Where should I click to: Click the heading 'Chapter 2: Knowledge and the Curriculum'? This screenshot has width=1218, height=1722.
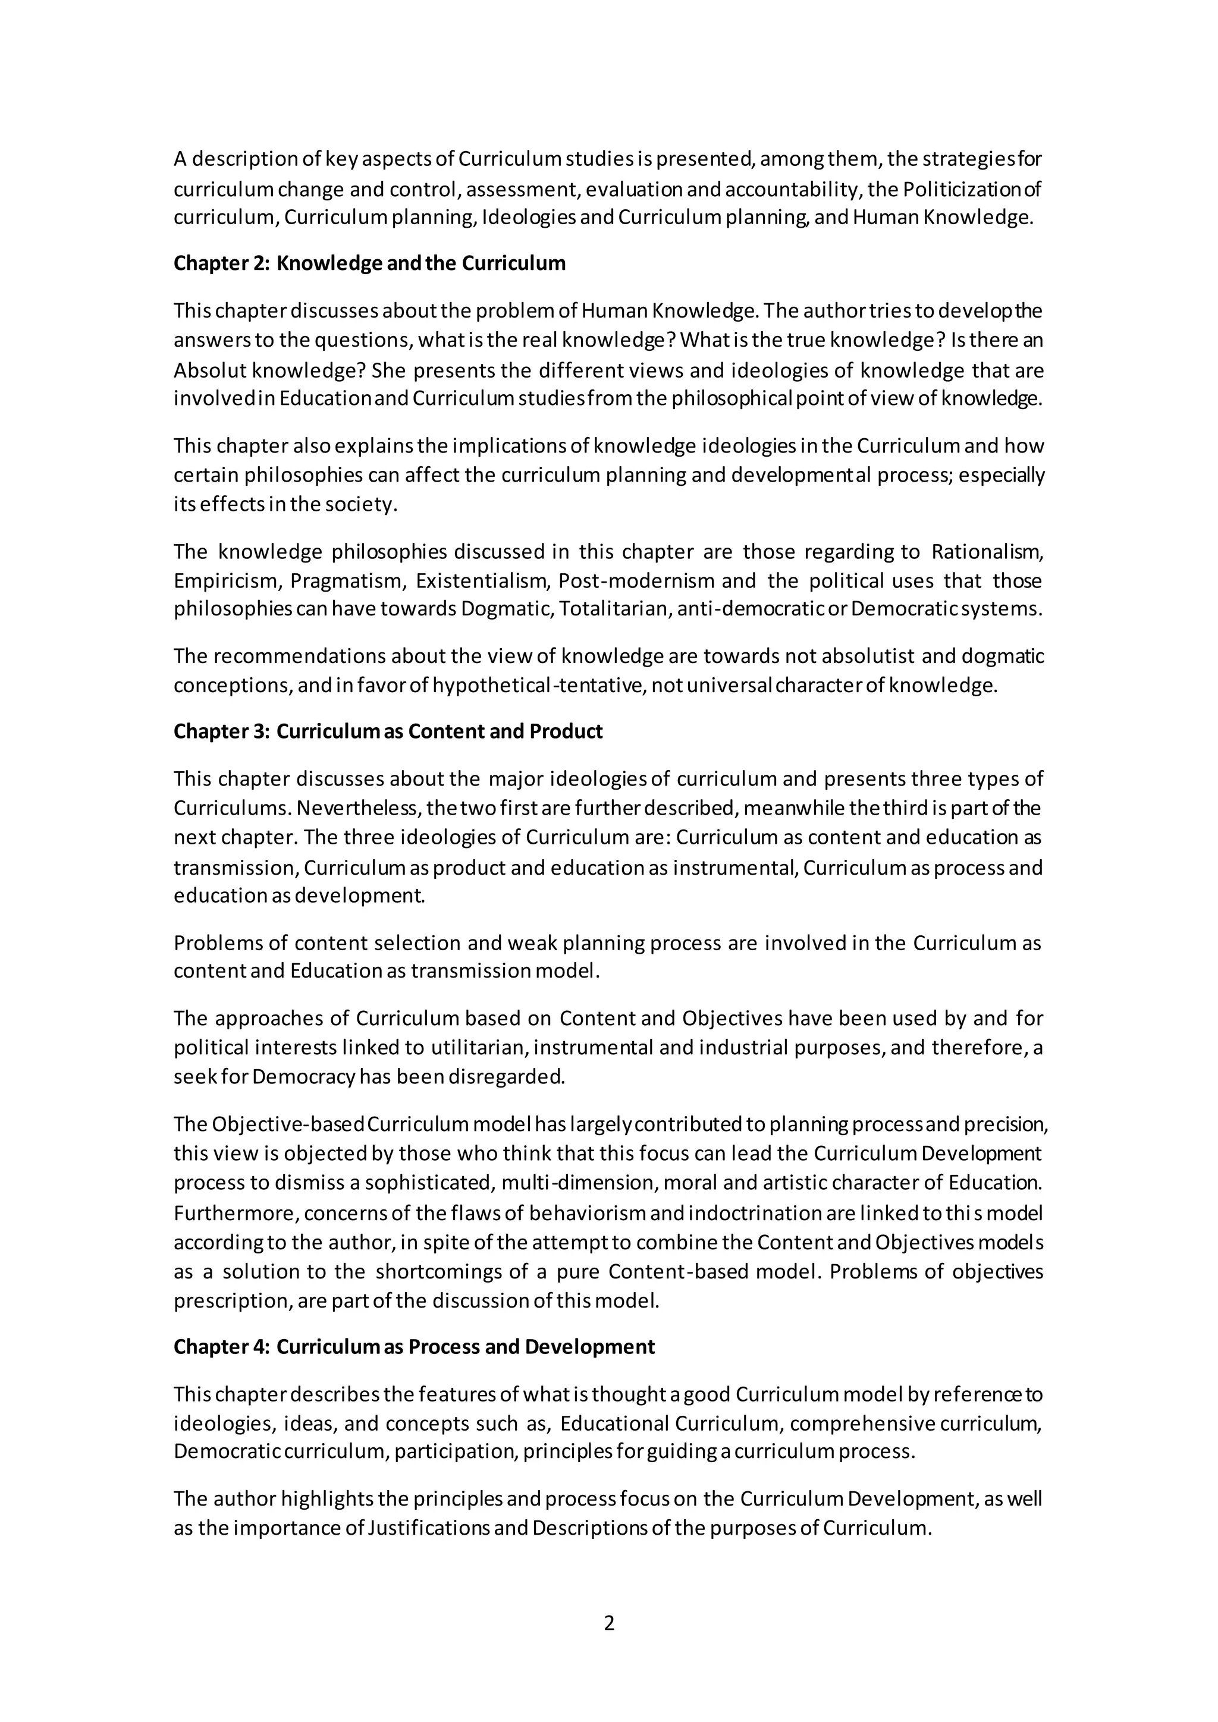coord(370,263)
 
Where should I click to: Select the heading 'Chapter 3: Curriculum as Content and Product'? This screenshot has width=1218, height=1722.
coord(388,731)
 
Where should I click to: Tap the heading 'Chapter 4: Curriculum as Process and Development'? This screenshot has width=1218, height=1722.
coord(414,1347)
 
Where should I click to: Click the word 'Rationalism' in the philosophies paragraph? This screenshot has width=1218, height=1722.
coord(987,552)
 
